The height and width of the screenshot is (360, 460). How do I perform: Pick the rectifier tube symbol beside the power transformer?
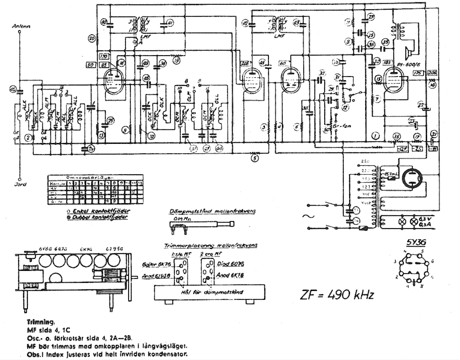pyautogui.click(x=412, y=178)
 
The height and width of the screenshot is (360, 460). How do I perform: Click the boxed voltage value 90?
pyautogui.click(x=91, y=65)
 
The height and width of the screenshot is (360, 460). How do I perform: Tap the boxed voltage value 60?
pyautogui.click(x=282, y=64)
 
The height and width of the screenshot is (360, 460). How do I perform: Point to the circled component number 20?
pyautogui.click(x=92, y=38)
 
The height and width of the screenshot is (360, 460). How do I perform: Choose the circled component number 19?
pyautogui.click(x=177, y=60)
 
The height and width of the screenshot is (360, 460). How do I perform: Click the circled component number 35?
pyautogui.click(x=385, y=42)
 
